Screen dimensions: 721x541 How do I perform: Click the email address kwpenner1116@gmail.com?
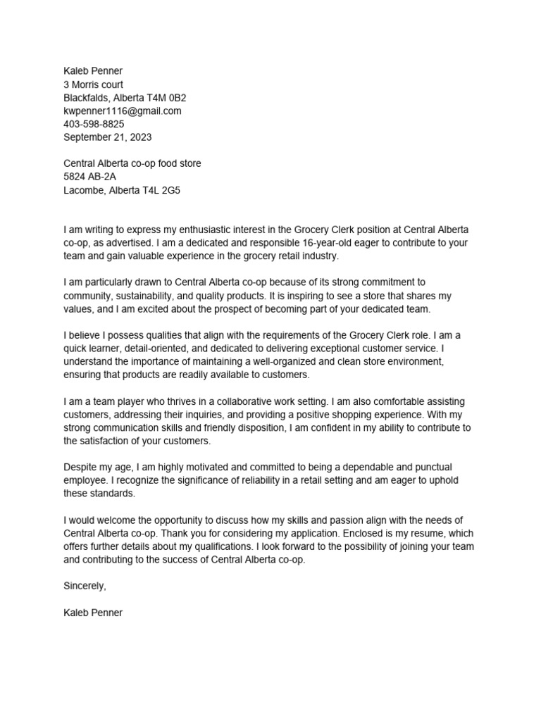[123, 111]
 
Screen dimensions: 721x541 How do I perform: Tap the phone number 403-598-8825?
[94, 124]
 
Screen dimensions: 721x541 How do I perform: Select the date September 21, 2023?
[107, 137]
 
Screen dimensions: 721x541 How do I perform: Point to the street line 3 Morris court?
[93, 84]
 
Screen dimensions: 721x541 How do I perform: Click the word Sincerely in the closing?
[85, 586]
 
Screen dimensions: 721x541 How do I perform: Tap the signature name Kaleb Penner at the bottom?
[93, 613]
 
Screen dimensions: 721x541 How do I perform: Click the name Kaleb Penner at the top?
[93, 71]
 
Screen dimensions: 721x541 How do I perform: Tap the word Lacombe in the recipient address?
[84, 190]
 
